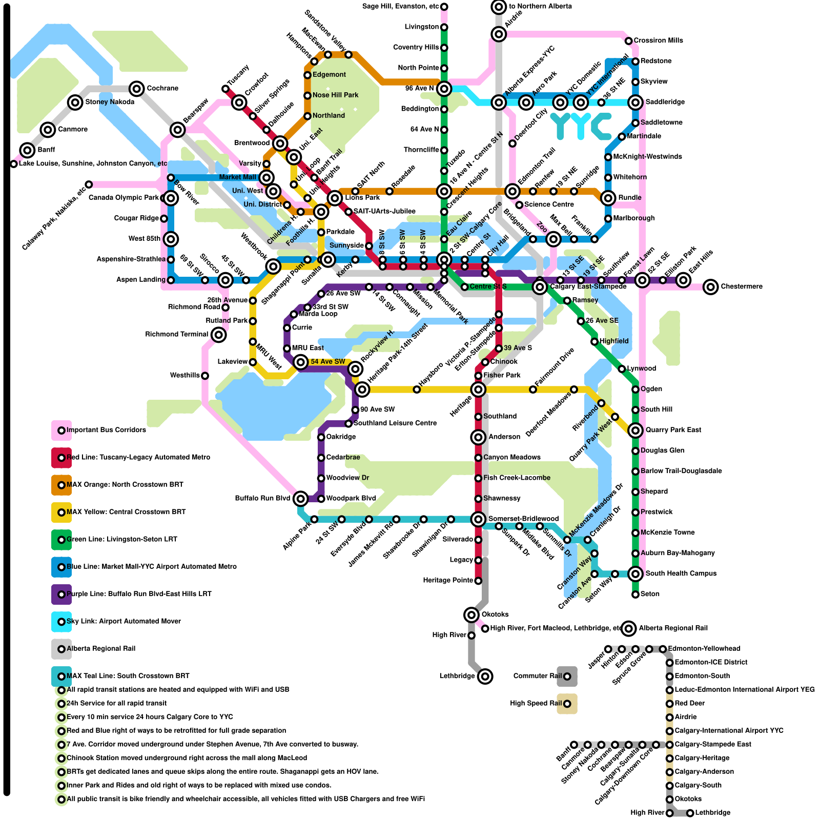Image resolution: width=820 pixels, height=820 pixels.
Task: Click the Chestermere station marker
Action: [710, 286]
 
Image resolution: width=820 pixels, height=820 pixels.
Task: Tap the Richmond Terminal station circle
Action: [219, 335]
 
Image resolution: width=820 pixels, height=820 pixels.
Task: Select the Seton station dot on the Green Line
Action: [635, 594]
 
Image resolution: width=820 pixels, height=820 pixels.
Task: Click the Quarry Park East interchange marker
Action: [635, 430]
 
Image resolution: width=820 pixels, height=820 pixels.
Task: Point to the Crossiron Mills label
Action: [658, 40]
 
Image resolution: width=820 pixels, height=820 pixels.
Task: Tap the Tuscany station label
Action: [238, 75]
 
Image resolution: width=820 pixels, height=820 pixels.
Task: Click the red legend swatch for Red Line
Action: [61, 458]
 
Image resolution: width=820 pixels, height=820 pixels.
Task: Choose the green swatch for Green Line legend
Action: [61, 540]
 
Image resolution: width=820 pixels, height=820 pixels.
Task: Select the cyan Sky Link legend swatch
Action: [61, 622]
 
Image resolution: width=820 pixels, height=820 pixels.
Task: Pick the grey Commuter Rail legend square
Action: [567, 676]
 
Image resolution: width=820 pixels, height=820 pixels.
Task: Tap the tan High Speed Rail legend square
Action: [567, 704]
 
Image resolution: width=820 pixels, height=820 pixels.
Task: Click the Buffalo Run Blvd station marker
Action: [301, 498]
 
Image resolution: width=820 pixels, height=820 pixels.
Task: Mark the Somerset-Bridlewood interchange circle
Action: [478, 519]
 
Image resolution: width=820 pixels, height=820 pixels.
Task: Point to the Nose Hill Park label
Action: [335, 95]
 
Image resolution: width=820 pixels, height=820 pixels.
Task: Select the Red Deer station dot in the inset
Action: [669, 704]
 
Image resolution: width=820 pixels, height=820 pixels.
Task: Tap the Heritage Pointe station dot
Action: [478, 581]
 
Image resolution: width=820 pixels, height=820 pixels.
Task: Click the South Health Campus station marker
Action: [635, 573]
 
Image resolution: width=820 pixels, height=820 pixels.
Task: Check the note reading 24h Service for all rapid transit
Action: [116, 704]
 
